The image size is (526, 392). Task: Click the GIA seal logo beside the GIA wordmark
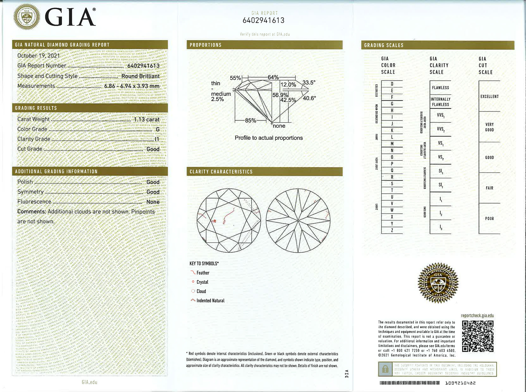click(x=27, y=17)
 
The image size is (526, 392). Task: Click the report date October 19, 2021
click(x=38, y=56)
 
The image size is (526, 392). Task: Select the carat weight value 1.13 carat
click(x=146, y=119)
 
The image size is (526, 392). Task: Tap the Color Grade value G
click(x=158, y=129)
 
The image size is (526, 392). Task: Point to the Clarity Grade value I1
click(x=157, y=139)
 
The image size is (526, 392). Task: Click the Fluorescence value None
click(x=153, y=202)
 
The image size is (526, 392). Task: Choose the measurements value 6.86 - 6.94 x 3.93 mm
click(x=132, y=86)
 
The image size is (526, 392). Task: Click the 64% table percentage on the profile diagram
click(x=273, y=77)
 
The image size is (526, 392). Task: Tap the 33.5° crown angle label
click(x=309, y=83)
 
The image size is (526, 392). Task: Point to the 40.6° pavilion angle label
click(x=309, y=98)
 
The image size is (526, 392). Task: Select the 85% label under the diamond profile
click(x=250, y=120)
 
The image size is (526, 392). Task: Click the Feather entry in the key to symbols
click(x=203, y=273)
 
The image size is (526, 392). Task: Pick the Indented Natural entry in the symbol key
click(x=210, y=301)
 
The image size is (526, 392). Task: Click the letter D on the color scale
click(x=392, y=84)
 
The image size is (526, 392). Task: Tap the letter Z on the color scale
click(x=392, y=230)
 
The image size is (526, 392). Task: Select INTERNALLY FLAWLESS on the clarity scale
click(x=441, y=102)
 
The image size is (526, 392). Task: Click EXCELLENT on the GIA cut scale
click(x=489, y=96)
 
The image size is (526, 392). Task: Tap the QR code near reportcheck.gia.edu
click(x=478, y=336)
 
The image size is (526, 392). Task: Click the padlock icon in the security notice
click(x=385, y=369)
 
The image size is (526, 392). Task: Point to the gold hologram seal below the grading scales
click(x=438, y=283)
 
